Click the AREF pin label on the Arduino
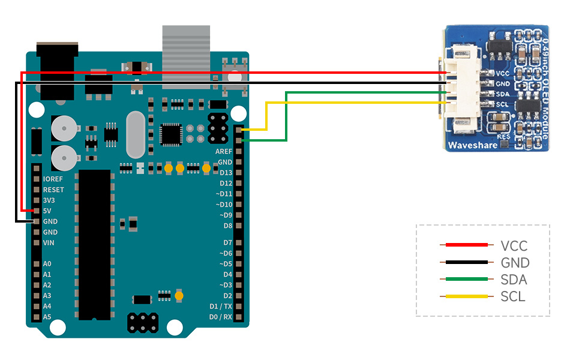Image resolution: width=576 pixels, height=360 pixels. coord(223,152)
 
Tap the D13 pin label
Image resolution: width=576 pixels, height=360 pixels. coord(226,173)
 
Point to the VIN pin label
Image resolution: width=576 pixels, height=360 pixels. coord(49,242)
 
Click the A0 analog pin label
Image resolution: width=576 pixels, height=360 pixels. coord(47,264)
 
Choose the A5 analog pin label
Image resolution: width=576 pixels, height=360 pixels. coord(47,317)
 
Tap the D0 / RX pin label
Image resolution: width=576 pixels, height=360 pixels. coord(220,317)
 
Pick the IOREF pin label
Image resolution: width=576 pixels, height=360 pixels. coord(53,179)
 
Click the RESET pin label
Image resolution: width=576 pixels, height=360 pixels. coord(53,190)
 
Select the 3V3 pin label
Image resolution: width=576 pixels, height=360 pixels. coord(50,200)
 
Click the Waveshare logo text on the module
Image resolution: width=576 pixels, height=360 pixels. coord(472,145)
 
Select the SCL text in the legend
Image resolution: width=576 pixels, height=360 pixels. coord(512,296)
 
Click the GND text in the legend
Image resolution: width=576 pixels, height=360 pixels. coord(515,262)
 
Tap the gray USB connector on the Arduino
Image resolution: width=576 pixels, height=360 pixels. coord(186,57)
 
